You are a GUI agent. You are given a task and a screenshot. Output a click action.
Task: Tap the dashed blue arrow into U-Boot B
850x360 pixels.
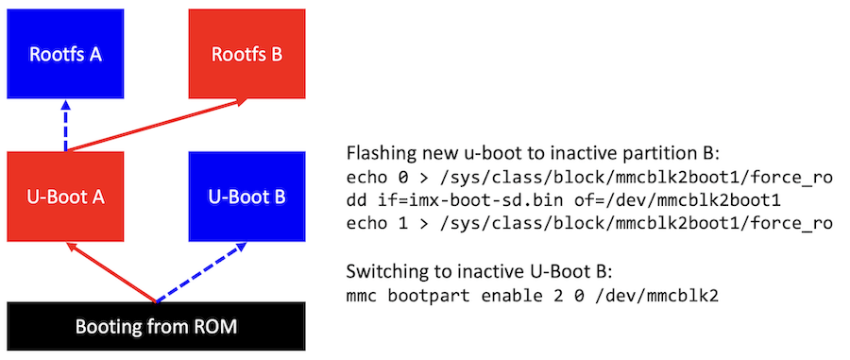coord(202,274)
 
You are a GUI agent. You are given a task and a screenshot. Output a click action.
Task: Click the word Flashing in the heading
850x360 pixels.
coord(378,154)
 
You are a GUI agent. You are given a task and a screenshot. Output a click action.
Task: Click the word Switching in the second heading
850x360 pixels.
coord(382,272)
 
